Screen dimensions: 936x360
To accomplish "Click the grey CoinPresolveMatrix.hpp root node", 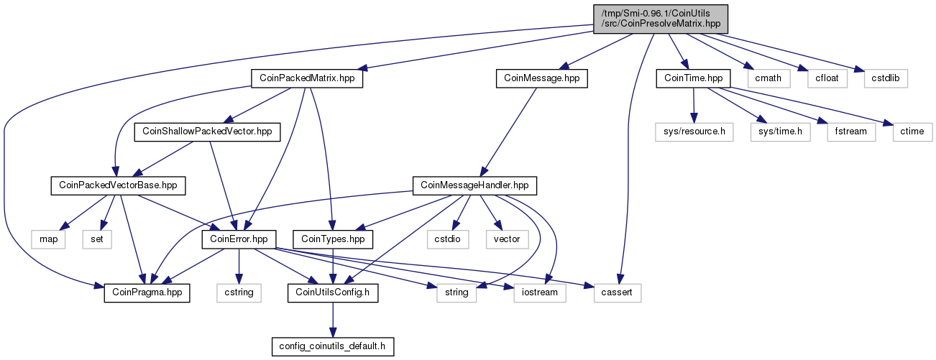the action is (x=660, y=19).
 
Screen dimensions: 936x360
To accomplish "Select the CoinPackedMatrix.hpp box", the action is (x=307, y=78).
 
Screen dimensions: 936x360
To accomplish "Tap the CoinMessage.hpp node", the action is (x=541, y=78).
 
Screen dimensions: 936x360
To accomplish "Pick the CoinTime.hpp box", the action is (x=693, y=78).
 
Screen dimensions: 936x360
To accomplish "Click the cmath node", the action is (x=768, y=78).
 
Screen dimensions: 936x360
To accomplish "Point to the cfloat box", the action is (x=827, y=78).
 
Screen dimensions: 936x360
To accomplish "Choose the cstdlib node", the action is (x=886, y=78).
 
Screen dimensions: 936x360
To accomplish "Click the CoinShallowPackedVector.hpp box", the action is (x=207, y=132).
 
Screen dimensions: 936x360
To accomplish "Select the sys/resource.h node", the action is (x=694, y=132).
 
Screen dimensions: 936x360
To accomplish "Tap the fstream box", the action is (x=850, y=132).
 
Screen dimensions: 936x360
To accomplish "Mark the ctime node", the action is (x=912, y=132).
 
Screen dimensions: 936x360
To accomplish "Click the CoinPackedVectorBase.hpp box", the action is (x=118, y=185).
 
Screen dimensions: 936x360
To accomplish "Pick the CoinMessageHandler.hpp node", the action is (x=474, y=185).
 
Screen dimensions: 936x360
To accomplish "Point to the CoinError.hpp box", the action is (x=239, y=239).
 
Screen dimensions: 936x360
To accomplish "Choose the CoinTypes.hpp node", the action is (x=333, y=239).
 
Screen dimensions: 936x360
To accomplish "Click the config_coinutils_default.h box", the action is (x=333, y=346).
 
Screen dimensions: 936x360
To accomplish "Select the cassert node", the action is (x=617, y=292).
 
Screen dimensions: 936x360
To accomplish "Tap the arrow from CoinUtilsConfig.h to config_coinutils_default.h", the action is (x=333, y=320).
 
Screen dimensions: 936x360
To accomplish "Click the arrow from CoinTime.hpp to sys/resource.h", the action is (x=694, y=105).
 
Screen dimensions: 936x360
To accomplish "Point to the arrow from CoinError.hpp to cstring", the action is (x=239, y=266).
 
